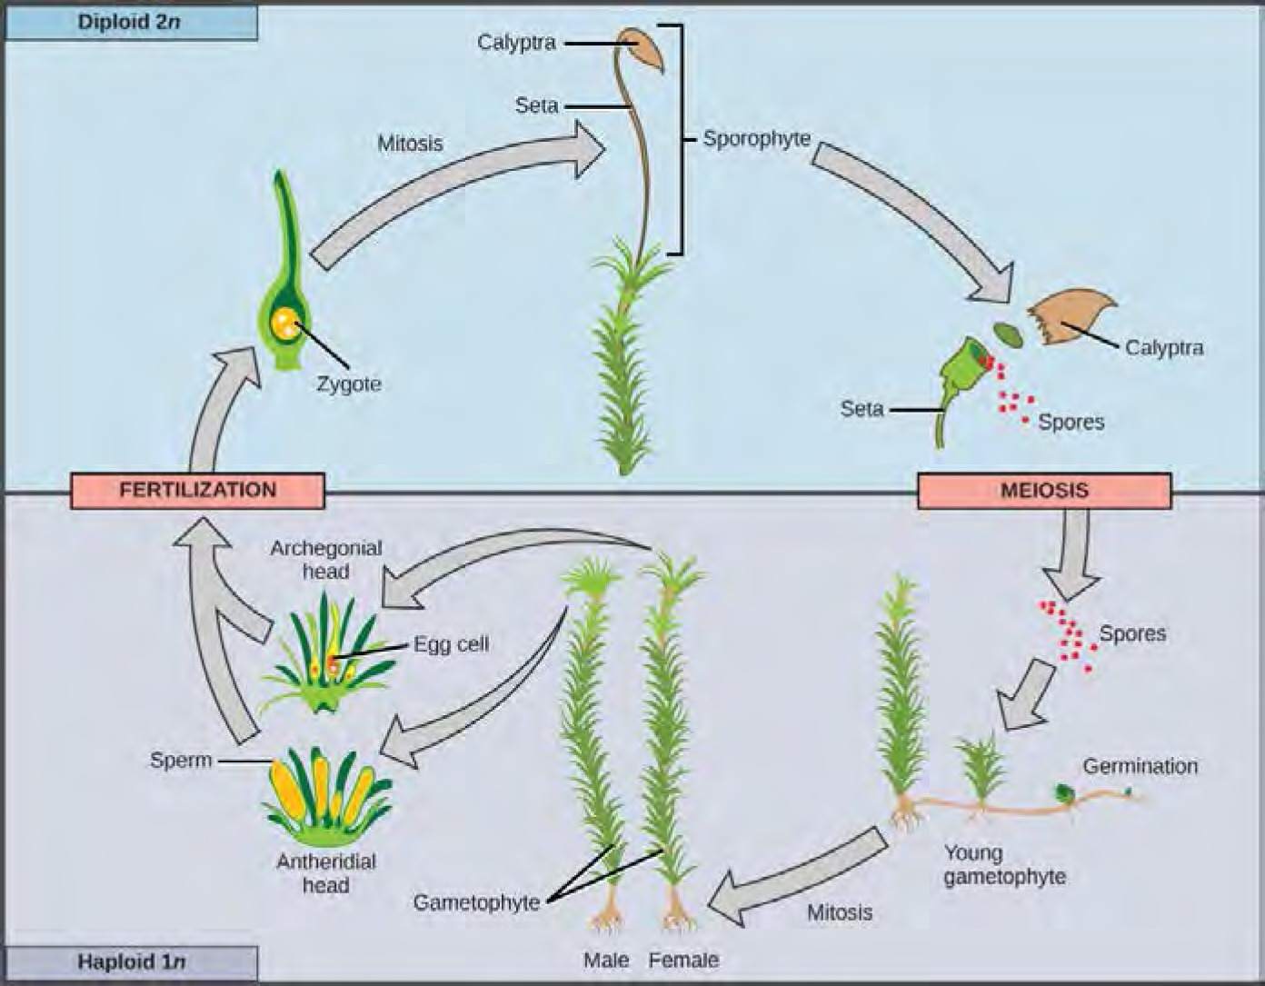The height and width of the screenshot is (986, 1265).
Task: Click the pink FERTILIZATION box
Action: click(197, 490)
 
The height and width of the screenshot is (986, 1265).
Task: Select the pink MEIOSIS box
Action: click(1044, 491)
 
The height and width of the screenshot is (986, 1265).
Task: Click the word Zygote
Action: click(349, 383)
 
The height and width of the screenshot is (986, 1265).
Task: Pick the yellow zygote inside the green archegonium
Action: click(287, 323)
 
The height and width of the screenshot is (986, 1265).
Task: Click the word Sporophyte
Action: click(757, 139)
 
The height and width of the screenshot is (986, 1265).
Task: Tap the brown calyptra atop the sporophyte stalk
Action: click(642, 48)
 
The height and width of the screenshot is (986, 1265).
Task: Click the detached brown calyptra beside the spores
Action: click(1071, 318)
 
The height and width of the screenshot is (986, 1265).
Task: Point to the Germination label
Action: click(1140, 766)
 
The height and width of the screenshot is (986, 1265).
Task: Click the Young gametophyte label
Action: click(1003, 864)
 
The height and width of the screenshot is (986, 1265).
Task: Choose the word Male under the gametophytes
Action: click(606, 959)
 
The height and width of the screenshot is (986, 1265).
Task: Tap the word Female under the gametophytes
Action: click(683, 959)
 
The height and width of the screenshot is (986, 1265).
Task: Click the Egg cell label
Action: click(451, 643)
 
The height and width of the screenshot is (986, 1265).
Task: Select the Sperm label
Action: click(181, 760)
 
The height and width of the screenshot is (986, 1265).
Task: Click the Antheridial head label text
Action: click(326, 872)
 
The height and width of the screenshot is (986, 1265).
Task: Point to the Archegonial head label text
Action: click(325, 559)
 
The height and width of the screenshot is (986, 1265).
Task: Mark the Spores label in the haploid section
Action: click(1132, 632)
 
